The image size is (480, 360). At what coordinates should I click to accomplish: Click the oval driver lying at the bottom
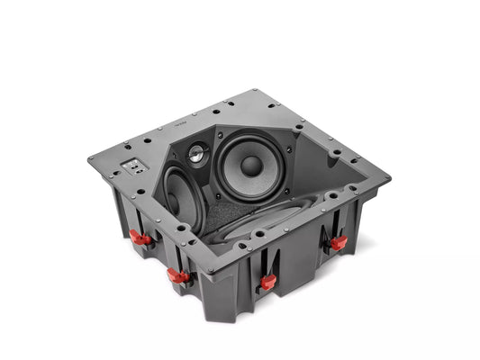[x=270, y=220]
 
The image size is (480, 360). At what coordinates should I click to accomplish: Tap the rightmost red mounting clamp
[x=338, y=243]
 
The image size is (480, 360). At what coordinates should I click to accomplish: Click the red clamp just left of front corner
[x=179, y=276]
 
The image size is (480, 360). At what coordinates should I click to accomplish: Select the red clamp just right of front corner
[x=267, y=282]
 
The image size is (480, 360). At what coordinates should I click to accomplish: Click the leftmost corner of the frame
[x=89, y=159]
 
